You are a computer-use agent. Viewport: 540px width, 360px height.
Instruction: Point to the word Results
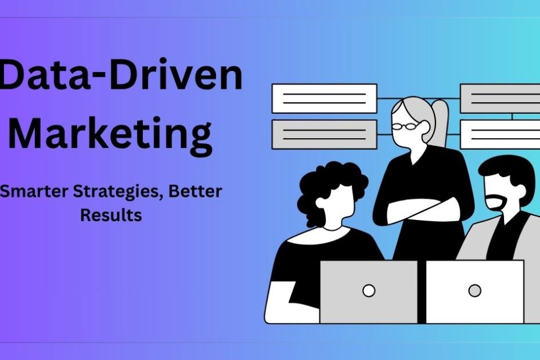111,215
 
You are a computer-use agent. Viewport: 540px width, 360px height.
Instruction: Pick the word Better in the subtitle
195,192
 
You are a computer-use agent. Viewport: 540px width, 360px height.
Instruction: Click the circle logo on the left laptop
369,290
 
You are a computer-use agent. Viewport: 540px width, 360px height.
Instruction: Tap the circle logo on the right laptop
474,290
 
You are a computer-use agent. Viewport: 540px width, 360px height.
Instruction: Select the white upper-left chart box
324,98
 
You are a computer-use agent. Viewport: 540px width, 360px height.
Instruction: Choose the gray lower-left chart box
324,134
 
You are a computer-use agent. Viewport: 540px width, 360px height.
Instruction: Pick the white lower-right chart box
500,134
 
